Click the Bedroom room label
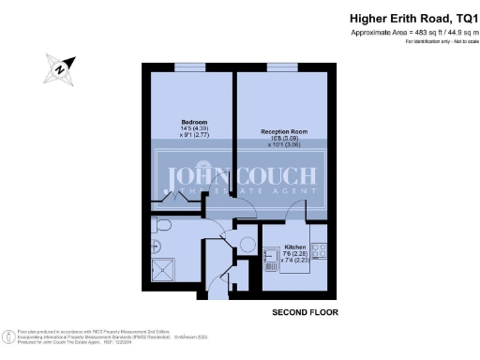pyautogui.click(x=194, y=123)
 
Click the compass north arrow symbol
pyautogui.click(x=59, y=67)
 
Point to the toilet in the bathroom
pyautogui.click(x=161, y=226)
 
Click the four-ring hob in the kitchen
pyautogui.click(x=318, y=250)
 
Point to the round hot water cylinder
pyautogui.click(x=248, y=244)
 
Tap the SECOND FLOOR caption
pyautogui.click(x=304, y=311)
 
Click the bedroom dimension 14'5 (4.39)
pyautogui.click(x=194, y=131)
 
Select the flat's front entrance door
pyautogui.click(x=217, y=290)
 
